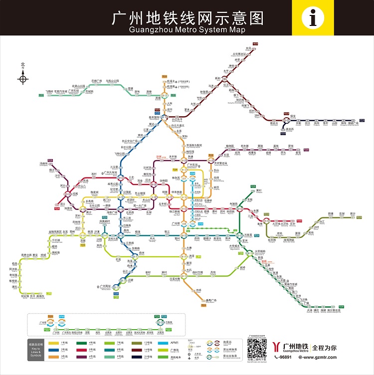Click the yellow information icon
click(313, 19)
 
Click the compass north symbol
click(23, 78)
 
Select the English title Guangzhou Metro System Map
click(187, 29)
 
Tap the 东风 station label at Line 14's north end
click(248, 48)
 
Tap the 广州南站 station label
click(105, 286)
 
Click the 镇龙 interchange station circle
click(286, 120)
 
